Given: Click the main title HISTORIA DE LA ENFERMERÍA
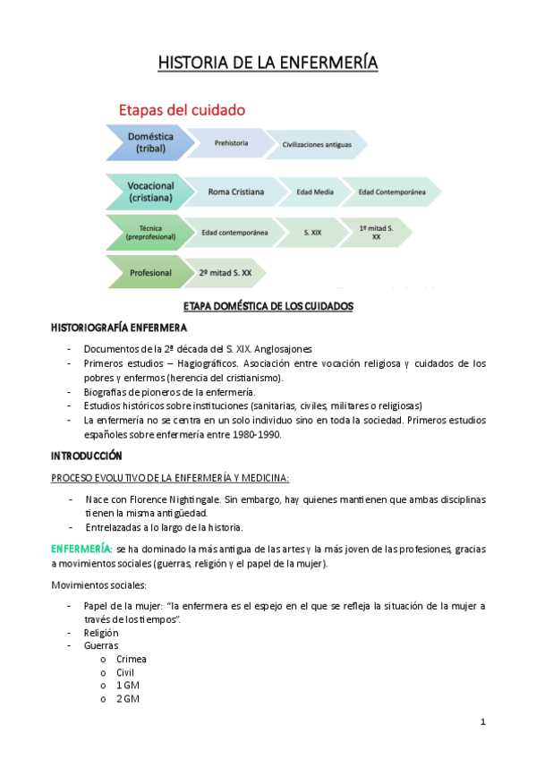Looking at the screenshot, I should (x=268, y=63).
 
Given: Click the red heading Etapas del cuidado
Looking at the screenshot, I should (x=183, y=110).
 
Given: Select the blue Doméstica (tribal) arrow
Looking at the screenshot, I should (x=149, y=142).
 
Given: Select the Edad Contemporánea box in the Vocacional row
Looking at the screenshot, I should (x=391, y=192).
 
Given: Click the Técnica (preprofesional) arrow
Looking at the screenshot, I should (x=149, y=232).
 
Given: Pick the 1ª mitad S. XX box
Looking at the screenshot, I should (x=376, y=233).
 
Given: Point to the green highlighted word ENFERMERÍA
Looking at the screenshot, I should (x=81, y=549).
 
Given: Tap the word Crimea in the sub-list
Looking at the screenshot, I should (x=131, y=659).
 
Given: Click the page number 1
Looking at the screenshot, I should (x=481, y=722).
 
